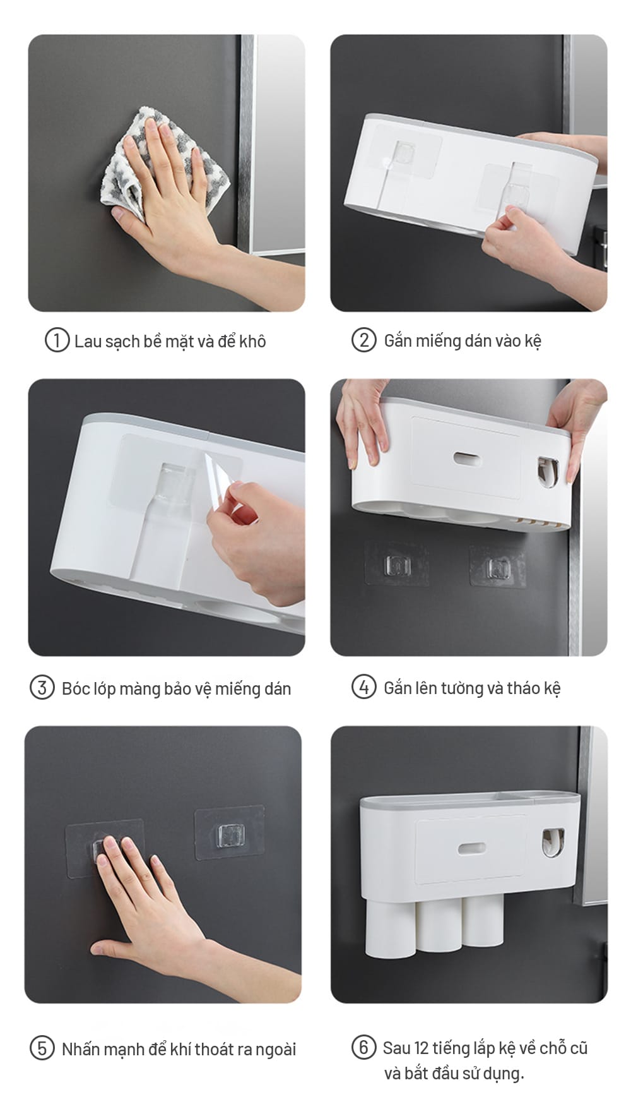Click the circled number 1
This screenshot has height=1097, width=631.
coord(56,340)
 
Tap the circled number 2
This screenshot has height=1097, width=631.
coord(363,340)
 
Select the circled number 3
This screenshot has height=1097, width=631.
coord(42,687)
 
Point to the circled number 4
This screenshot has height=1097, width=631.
coord(363,686)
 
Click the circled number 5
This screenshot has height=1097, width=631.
coord(42,1048)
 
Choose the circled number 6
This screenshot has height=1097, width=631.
coord(363,1047)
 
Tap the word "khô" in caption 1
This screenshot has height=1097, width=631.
coord(252,341)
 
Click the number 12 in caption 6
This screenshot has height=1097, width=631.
coord(422,1048)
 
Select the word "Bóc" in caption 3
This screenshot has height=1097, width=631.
coord(76,688)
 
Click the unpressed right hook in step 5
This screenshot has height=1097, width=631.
coord(229,833)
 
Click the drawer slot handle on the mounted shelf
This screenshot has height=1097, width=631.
coord(471,848)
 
